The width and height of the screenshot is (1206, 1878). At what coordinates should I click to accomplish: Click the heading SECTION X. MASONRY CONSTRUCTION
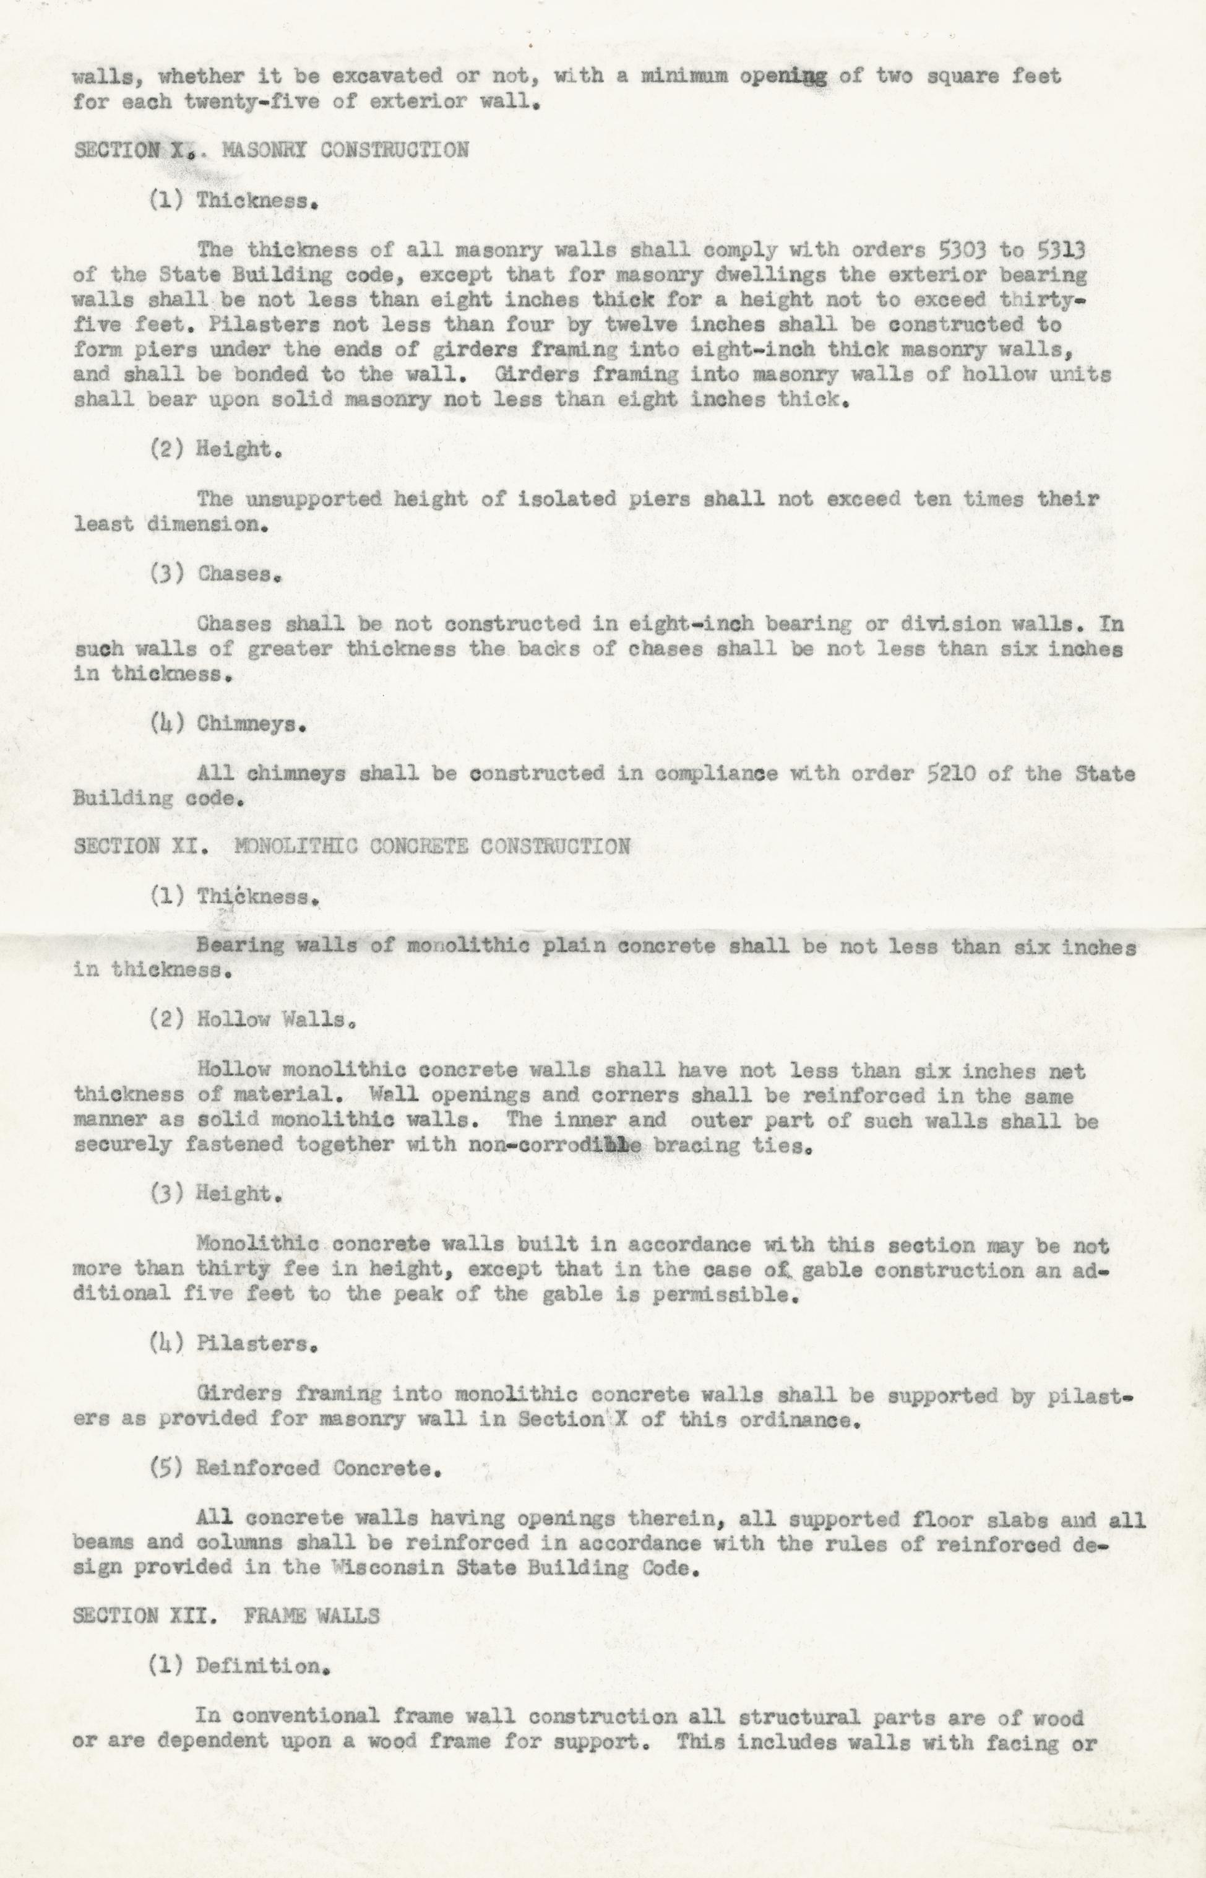pyautogui.click(x=271, y=150)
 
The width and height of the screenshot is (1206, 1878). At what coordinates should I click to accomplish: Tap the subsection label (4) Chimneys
pyautogui.click(x=227, y=724)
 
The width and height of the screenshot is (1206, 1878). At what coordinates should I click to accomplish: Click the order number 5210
pyautogui.click(x=959, y=774)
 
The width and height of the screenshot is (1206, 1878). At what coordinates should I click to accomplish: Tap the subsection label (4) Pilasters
pyautogui.click(x=233, y=1344)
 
